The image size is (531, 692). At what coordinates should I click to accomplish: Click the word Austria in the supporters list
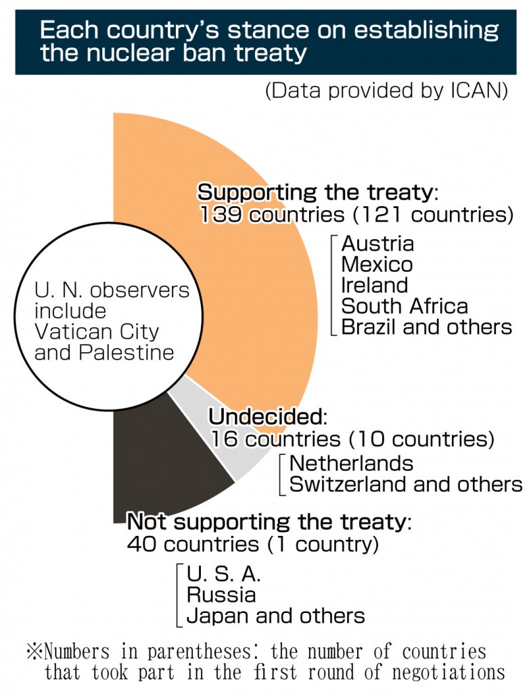click(377, 243)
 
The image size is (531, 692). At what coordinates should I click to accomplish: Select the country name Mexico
click(377, 264)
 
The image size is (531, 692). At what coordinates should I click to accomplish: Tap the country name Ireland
click(374, 285)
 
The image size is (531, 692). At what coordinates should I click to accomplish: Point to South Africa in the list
click(405, 306)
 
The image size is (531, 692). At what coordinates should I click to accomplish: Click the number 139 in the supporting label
click(221, 214)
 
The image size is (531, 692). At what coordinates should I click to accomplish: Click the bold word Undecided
click(267, 416)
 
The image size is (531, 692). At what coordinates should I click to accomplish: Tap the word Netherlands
click(351, 464)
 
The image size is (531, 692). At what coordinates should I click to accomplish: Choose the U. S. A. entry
click(223, 574)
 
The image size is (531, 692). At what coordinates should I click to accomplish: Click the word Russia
click(221, 595)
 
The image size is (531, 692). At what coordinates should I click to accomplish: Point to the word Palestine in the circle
click(126, 352)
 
